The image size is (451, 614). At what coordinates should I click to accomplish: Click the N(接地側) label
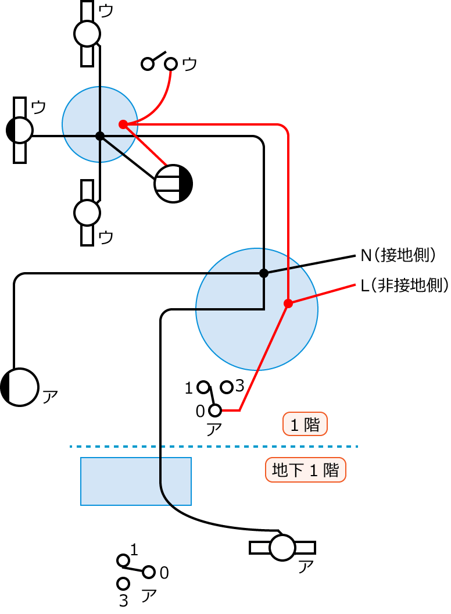pyautogui.click(x=398, y=255)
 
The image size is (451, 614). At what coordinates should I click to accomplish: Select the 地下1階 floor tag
pyautogui.click(x=305, y=470)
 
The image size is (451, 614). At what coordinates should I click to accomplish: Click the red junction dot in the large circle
pyautogui.click(x=288, y=304)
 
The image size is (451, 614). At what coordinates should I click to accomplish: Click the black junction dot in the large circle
pyautogui.click(x=263, y=273)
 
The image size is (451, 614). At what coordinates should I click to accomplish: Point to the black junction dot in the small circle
pyautogui.click(x=100, y=136)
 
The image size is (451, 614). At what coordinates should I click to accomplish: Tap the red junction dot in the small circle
pyautogui.click(x=123, y=124)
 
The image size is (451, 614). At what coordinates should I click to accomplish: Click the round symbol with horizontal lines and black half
pyautogui.click(x=173, y=184)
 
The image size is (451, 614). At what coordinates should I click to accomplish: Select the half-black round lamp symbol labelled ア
pyautogui.click(x=20, y=387)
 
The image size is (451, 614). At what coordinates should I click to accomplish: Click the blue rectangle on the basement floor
pyautogui.click(x=135, y=481)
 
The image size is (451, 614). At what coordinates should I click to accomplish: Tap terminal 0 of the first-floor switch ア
pyautogui.click(x=215, y=411)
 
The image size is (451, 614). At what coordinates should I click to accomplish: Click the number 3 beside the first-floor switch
pyautogui.click(x=239, y=386)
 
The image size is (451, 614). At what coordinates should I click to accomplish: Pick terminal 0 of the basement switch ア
pyautogui.click(x=149, y=572)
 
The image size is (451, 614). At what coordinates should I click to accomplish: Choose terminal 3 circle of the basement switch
pyautogui.click(x=123, y=583)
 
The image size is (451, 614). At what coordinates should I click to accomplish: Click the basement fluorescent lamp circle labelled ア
pyautogui.click(x=282, y=548)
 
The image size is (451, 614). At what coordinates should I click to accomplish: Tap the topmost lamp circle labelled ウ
pyautogui.click(x=87, y=33)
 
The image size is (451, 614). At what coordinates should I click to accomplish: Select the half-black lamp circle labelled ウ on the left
pyautogui.click(x=20, y=130)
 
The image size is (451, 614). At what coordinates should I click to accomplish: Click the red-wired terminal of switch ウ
pyautogui.click(x=171, y=63)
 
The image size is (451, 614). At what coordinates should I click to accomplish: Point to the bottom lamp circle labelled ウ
pyautogui.click(x=87, y=213)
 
